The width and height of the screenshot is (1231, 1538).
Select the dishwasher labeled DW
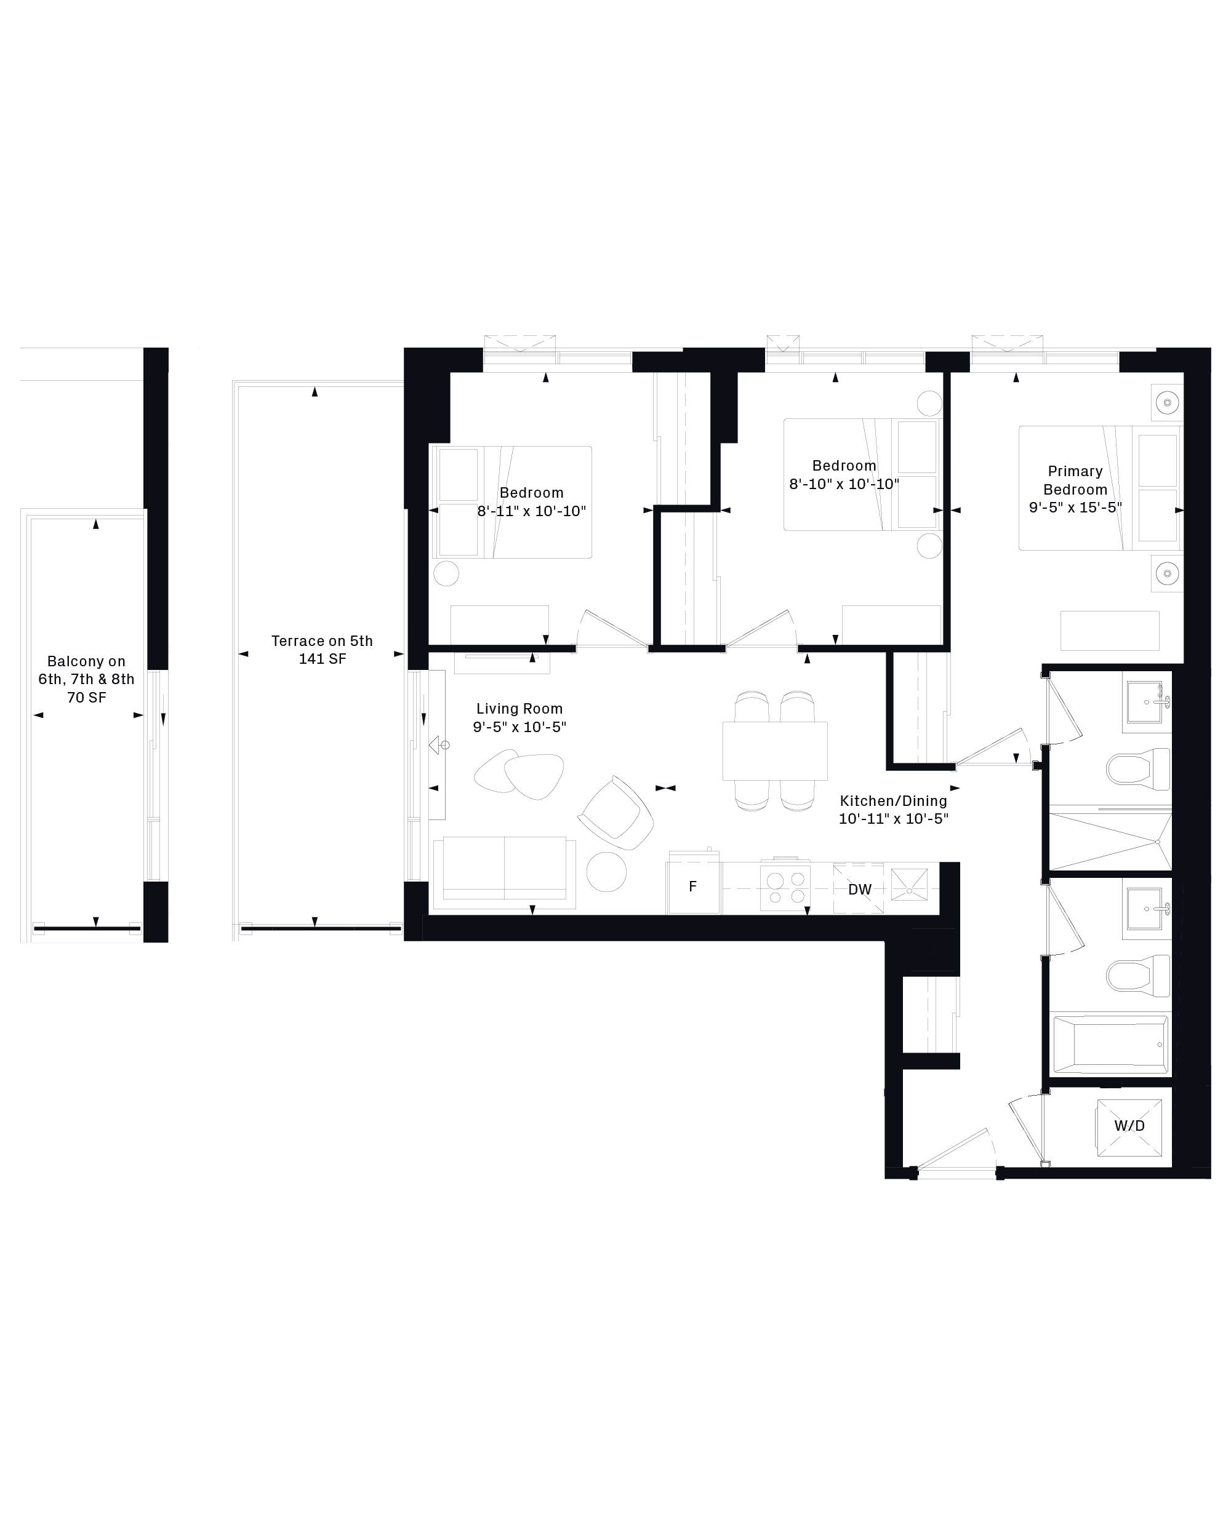[x=859, y=889]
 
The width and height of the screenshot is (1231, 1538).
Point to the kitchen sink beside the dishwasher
[x=909, y=885]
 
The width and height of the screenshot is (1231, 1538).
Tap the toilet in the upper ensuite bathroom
[x=1138, y=769]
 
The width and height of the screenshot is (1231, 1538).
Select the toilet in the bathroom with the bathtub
[x=1138, y=976]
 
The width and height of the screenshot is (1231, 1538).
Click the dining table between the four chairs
[x=775, y=751]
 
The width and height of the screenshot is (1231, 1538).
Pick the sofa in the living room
[x=505, y=872]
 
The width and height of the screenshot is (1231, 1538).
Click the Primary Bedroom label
[x=1075, y=480]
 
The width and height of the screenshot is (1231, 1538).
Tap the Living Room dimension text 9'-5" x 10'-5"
[x=519, y=727]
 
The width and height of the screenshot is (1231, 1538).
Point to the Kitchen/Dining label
[x=894, y=800]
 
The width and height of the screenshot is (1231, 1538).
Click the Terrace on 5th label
[x=322, y=640]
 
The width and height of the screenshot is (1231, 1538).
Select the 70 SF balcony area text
[x=86, y=698]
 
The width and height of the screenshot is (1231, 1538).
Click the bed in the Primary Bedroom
[x=1100, y=488]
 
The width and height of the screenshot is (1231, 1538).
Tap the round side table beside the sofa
[x=607, y=871]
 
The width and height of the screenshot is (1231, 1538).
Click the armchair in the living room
[x=616, y=813]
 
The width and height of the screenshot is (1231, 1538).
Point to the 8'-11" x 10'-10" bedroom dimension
[x=532, y=511]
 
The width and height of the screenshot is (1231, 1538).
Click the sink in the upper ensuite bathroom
[x=1146, y=702]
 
